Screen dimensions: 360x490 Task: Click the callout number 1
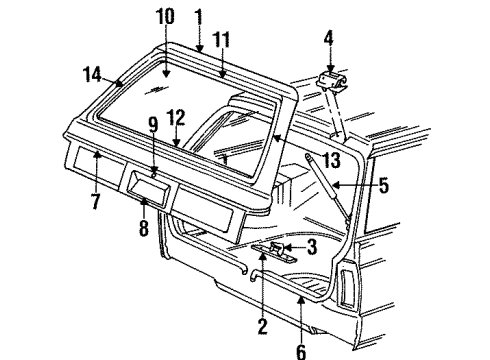click(x=198, y=16)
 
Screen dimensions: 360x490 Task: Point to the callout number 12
click(x=176, y=118)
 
